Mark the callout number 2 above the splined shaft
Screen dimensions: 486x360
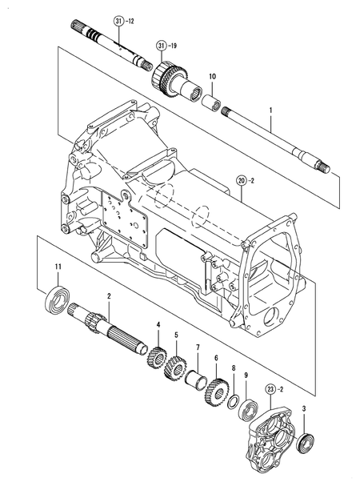point(109,298)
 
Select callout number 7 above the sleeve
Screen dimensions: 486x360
point(197,349)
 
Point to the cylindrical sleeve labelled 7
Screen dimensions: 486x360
point(197,376)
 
